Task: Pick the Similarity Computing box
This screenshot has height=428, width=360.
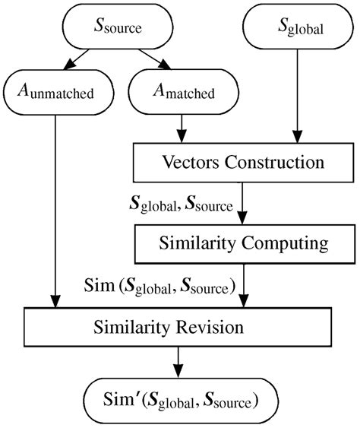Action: (243, 243)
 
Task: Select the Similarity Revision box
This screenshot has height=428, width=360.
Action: (178, 328)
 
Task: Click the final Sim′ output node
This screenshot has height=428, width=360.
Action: (178, 397)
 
